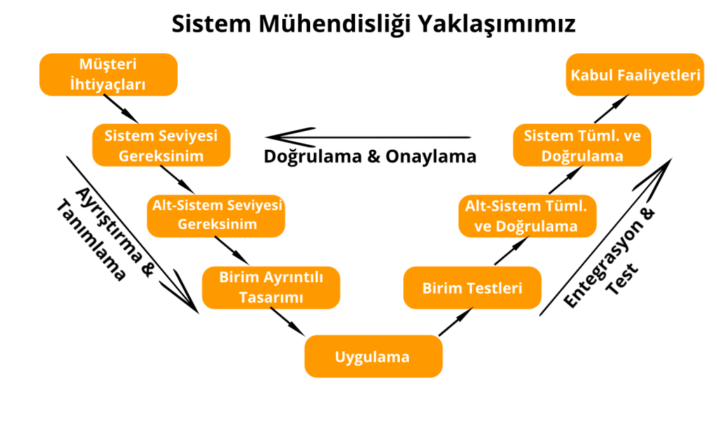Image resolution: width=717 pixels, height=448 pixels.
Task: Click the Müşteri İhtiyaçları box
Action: pyautogui.click(x=109, y=74)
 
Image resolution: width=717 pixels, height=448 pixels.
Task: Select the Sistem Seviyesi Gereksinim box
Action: pyautogui.click(x=162, y=145)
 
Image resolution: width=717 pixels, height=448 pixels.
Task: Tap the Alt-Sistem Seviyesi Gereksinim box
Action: pyautogui.click(x=216, y=216)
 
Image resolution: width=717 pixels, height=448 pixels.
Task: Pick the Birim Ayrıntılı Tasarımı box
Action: pyautogui.click(x=271, y=288)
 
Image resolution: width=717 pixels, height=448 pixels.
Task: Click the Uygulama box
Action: pyautogui.click(x=374, y=356)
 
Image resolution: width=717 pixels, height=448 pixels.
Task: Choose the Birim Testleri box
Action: pyautogui.click(x=473, y=288)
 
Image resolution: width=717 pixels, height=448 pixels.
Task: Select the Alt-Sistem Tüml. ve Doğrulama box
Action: pyautogui.click(x=527, y=216)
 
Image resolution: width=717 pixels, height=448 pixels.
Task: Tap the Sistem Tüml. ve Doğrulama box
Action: pyautogui.click(x=582, y=145)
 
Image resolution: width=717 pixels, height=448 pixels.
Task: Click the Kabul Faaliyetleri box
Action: pyautogui.click(x=635, y=74)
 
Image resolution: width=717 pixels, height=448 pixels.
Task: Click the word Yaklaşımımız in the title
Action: pyautogui.click(x=496, y=24)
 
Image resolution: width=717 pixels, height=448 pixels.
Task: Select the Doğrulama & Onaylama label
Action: pyautogui.click(x=370, y=156)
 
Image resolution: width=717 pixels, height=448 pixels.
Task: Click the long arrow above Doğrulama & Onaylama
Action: pyautogui.click(x=368, y=136)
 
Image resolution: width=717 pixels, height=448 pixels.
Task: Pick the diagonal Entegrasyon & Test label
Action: pyautogui.click(x=609, y=258)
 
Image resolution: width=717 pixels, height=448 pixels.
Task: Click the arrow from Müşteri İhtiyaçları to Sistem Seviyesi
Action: pyautogui.click(x=120, y=108)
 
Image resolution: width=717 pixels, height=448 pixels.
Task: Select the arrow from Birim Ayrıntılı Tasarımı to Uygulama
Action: pyautogui.click(x=288, y=322)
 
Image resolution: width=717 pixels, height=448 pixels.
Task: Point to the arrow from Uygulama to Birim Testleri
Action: pyautogui.click(x=456, y=322)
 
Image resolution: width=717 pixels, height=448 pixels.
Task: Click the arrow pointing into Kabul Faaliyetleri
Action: pyautogui.click(x=612, y=108)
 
